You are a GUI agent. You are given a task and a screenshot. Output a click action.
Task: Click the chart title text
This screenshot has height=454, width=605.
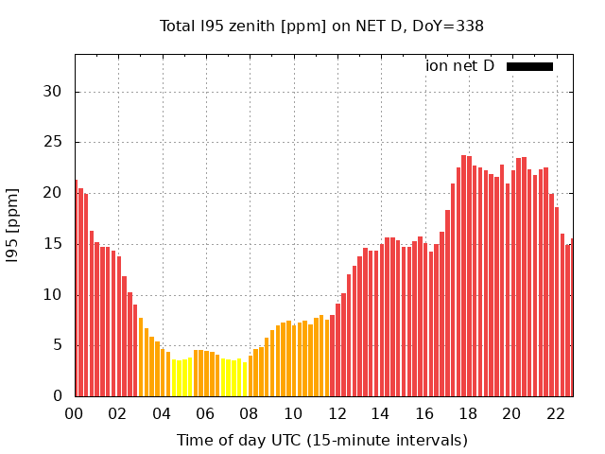(321, 26)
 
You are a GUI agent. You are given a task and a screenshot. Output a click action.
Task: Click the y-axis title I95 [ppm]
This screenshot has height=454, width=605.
(13, 225)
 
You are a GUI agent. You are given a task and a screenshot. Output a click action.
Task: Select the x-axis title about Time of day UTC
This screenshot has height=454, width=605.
(321, 440)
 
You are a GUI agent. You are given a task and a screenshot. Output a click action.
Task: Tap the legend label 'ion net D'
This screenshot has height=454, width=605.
(459, 65)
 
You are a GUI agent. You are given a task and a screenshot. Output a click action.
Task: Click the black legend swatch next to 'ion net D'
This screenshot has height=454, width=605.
(529, 66)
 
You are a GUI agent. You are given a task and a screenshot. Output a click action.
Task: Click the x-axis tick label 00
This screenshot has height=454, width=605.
(75, 413)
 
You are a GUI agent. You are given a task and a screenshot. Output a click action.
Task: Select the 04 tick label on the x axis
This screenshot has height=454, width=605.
(162, 413)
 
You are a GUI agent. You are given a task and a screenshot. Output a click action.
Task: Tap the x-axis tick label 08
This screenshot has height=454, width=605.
(250, 413)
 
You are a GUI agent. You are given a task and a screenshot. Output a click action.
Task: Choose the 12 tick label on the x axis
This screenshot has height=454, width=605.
(337, 413)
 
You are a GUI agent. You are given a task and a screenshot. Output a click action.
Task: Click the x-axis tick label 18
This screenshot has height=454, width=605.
(468, 413)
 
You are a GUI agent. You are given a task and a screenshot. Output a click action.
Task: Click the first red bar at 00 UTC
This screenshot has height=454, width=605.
(77, 288)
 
